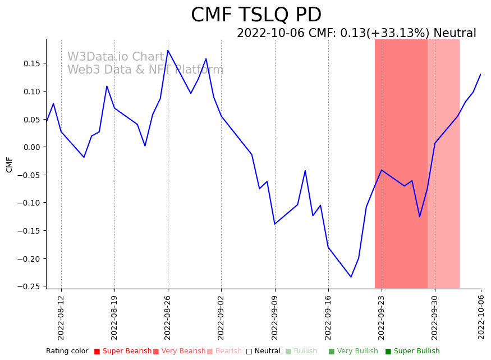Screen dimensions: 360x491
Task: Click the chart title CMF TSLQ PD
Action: click(256, 15)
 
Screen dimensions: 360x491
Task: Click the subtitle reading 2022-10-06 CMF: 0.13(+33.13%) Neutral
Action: click(356, 34)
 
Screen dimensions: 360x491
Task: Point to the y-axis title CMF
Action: click(10, 165)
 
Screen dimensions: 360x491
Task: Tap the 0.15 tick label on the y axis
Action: click(31, 63)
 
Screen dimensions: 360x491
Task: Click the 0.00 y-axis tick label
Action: click(31, 147)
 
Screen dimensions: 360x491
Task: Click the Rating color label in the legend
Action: click(67, 351)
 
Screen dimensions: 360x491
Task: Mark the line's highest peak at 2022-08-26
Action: click(168, 51)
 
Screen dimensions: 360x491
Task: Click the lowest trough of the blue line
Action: click(351, 277)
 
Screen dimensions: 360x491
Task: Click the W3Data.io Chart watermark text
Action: click(116, 57)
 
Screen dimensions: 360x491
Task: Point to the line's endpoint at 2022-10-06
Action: click(480, 74)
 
